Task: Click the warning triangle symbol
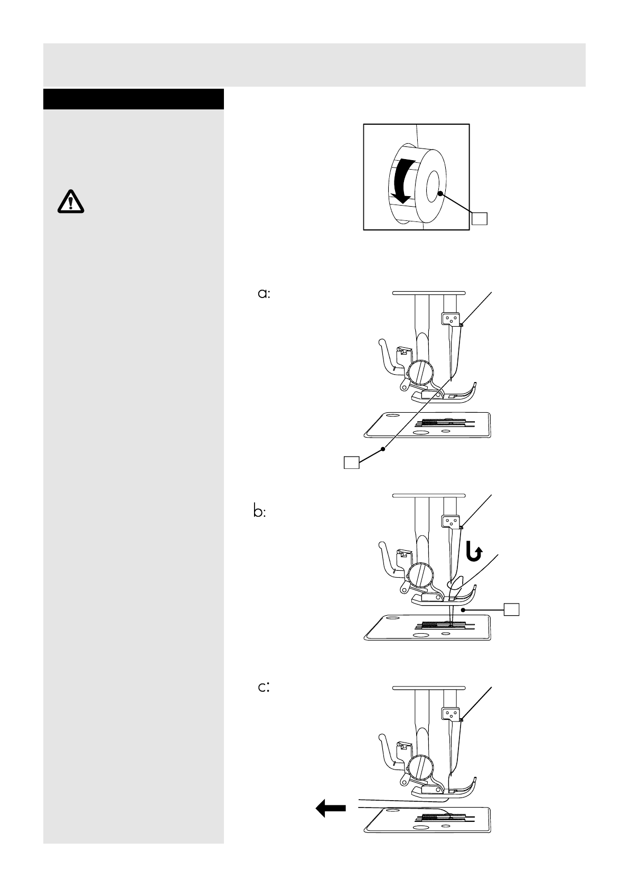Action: click(x=70, y=201)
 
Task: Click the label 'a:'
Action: click(x=264, y=294)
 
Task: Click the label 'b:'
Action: click(x=259, y=512)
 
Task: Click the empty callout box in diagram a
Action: click(x=352, y=462)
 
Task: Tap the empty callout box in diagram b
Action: click(x=511, y=609)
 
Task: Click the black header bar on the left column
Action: click(x=134, y=99)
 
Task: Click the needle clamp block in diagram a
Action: click(x=449, y=318)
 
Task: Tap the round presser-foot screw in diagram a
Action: click(x=420, y=372)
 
